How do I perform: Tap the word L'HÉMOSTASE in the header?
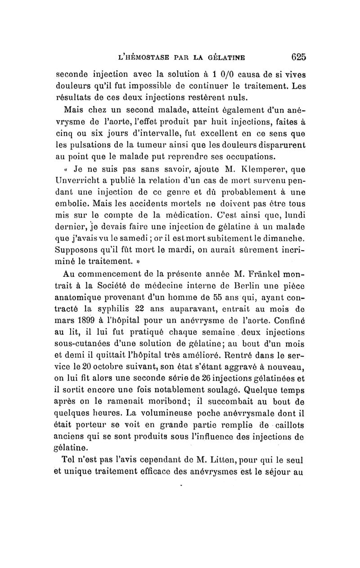pyautogui.click(x=143, y=58)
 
